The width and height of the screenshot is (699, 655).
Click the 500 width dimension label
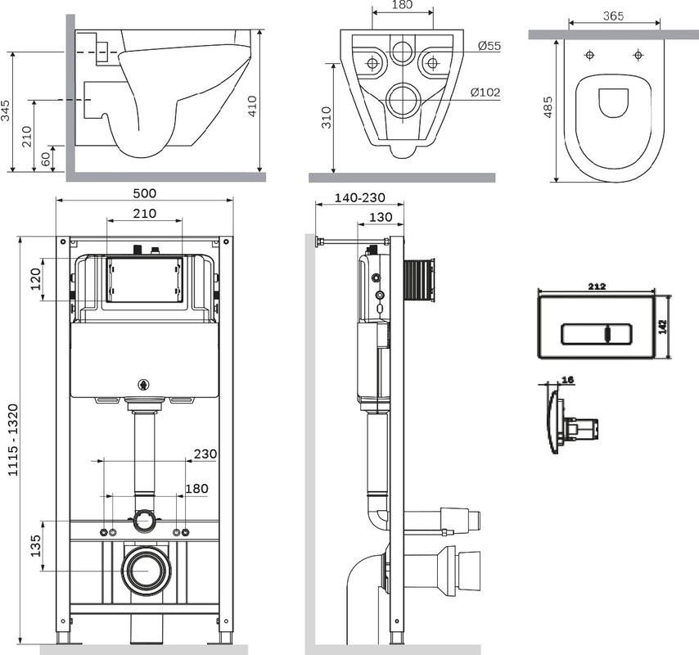[x=144, y=193]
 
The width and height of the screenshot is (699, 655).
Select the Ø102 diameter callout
[x=485, y=93]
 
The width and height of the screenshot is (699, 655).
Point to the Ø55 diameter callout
[x=489, y=47]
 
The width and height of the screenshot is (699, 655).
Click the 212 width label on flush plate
[x=596, y=286]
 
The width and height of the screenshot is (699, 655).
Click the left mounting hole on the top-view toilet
[x=590, y=56]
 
